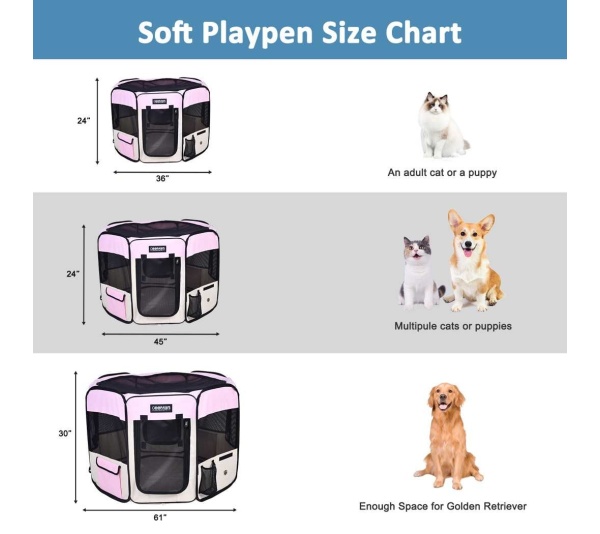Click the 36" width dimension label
pyautogui.click(x=161, y=178)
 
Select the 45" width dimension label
pyautogui.click(x=160, y=341)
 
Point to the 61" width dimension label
pyautogui.click(x=160, y=517)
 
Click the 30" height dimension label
pyautogui.click(x=65, y=433)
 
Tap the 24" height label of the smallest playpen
pyautogui.click(x=83, y=120)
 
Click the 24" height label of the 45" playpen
pyautogui.click(x=72, y=272)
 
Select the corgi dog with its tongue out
pyautogui.click(x=471, y=259)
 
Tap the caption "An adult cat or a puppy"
pyautogui.click(x=442, y=172)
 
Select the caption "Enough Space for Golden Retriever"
pyautogui.click(x=442, y=506)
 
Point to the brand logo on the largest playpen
pyautogui.click(x=162, y=407)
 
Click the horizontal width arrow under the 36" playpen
pyautogui.click(x=162, y=171)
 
